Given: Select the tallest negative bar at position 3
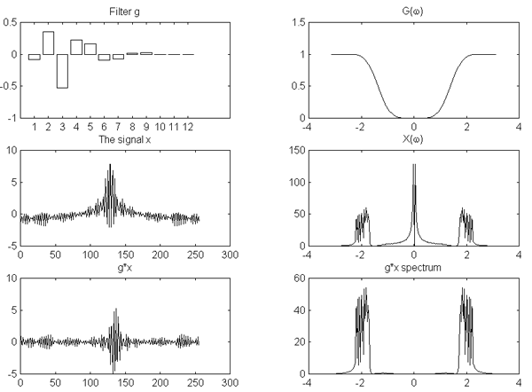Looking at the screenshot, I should tap(62, 71).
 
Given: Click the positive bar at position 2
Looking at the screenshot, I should tap(48, 43).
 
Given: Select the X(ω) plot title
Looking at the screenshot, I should tap(413, 139).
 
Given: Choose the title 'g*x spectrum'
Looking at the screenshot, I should tap(413, 267).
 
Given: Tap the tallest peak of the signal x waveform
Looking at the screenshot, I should tap(110, 165).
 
